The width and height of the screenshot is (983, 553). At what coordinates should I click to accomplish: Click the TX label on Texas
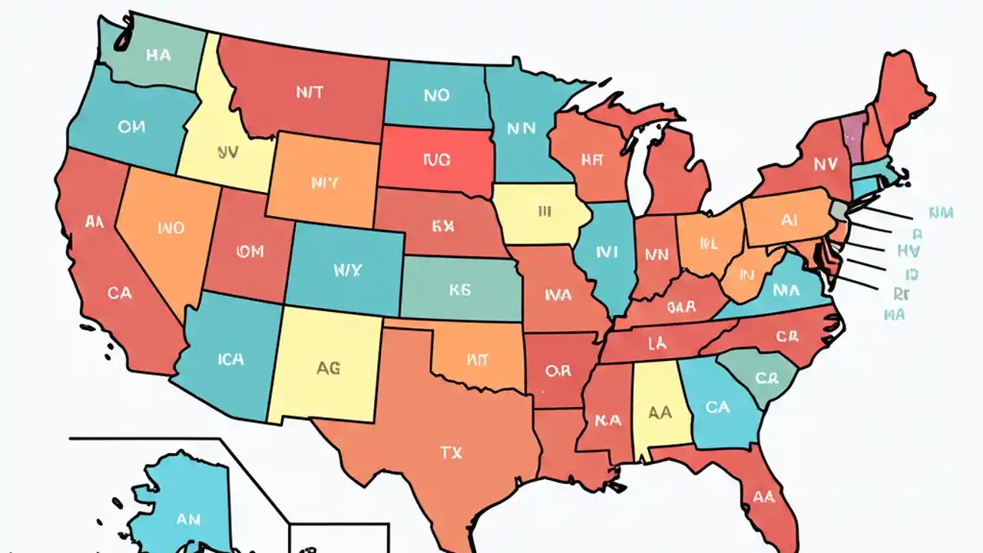point(452,453)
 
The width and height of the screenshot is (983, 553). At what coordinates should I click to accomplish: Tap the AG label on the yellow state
point(328,368)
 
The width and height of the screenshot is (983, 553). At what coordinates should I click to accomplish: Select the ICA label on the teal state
point(230,359)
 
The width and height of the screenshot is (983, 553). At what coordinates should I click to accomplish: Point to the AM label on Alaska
point(188,519)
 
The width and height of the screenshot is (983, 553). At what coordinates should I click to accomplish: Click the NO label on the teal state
point(436,95)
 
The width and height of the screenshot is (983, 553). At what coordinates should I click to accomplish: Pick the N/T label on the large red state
point(309,92)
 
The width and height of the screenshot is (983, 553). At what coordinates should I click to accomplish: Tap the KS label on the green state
point(459,290)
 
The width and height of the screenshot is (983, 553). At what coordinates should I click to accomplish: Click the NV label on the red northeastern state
point(826,164)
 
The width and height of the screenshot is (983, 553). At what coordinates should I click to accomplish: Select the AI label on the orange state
point(789,220)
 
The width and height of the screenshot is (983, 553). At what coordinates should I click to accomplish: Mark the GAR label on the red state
point(681,307)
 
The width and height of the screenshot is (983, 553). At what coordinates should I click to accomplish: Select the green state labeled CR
point(766,379)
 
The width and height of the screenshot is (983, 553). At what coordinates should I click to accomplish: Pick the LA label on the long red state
point(657,343)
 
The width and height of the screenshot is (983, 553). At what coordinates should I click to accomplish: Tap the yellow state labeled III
point(544,211)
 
